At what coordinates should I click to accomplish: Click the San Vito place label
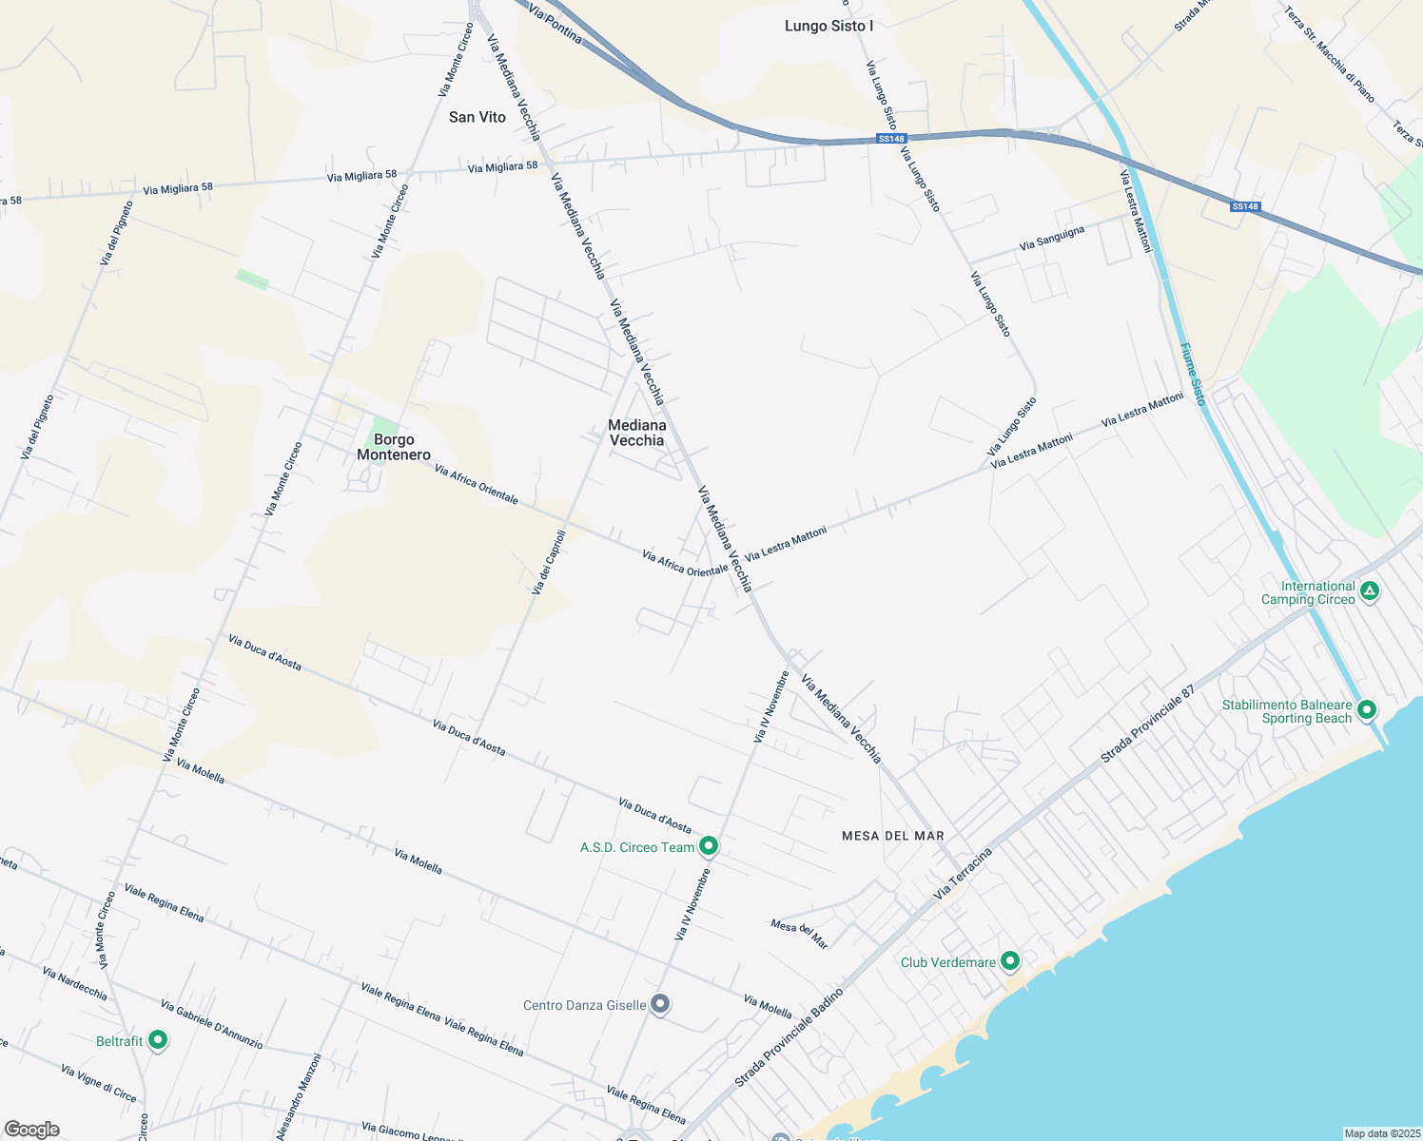[477, 117]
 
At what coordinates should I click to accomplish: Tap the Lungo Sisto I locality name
[828, 26]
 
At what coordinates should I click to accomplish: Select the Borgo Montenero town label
[394, 447]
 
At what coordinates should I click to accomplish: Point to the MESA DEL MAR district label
[893, 836]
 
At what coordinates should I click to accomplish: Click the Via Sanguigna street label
[1051, 239]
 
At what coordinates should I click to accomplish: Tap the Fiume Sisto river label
[1193, 374]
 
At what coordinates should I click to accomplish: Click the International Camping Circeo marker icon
[1370, 591]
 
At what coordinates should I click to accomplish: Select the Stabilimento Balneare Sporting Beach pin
[1367, 709]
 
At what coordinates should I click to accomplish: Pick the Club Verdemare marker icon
[1010, 961]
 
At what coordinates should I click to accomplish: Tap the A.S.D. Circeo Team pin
[709, 845]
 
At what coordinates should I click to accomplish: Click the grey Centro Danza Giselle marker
[661, 1004]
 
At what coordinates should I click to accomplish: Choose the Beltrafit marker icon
[158, 1040]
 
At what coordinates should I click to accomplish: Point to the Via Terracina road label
[963, 873]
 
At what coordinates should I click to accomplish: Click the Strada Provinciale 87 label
[1147, 725]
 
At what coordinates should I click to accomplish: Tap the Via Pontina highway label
[555, 24]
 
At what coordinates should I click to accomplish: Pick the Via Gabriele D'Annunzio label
[211, 1024]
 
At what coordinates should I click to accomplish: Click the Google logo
[31, 1130]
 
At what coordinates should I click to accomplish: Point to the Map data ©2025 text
[1381, 1133]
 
